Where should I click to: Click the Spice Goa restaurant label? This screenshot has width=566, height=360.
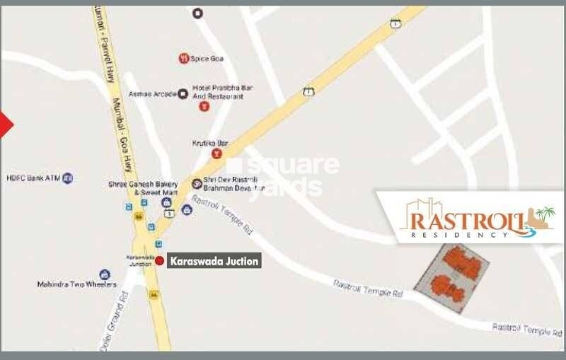[x=207, y=58]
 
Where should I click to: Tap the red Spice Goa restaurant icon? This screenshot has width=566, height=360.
[x=183, y=58]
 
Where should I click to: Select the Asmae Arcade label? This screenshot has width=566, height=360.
[x=152, y=93]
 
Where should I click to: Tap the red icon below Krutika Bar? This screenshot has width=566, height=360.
[x=216, y=153]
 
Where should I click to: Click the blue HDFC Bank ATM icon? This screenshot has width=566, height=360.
[x=68, y=178]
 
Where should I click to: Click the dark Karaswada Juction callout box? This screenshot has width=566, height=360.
[x=214, y=261]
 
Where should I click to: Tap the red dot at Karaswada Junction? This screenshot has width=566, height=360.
[x=160, y=261]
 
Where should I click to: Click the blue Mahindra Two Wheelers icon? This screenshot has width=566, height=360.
[x=105, y=274]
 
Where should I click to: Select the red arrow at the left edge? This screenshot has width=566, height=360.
[x=6, y=124]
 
